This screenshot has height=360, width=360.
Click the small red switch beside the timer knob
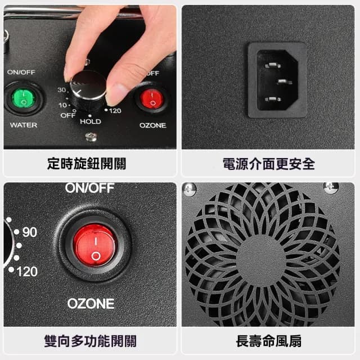pyautogui.click(x=152, y=98)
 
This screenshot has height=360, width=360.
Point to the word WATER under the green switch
pyautogui.click(x=24, y=125)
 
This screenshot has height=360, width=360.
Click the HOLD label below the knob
pyautogui.click(x=90, y=121)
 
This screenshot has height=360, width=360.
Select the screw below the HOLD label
pyautogui.click(x=89, y=136)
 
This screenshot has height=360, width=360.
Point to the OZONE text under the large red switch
pyautogui.click(x=91, y=304)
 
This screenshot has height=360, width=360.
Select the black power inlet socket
pyautogui.click(x=277, y=80)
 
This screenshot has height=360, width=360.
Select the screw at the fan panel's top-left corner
pyautogui.click(x=190, y=189)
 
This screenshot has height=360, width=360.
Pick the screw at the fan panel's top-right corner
pyautogui.click(x=331, y=187)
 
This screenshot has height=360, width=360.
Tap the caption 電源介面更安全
pyautogui.click(x=268, y=164)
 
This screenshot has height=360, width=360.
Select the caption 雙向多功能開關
pyautogui.click(x=90, y=341)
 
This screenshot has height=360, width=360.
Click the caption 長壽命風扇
pyautogui.click(x=268, y=341)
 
